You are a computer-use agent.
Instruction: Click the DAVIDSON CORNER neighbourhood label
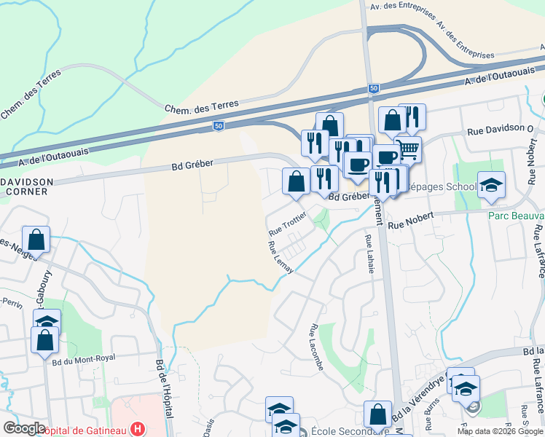pyautogui.click(x=26, y=186)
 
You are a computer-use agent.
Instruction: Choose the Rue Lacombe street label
pyautogui.click(x=317, y=347)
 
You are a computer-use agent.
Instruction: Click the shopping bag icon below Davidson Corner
pyautogui.click(x=36, y=239)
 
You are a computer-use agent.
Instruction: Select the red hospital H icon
pyautogui.click(x=135, y=429)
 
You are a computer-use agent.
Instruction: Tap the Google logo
pyautogui.click(x=24, y=428)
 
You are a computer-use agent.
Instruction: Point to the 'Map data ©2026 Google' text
pyautogui.click(x=500, y=431)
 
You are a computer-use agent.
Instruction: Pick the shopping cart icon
pyautogui.click(x=409, y=150)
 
